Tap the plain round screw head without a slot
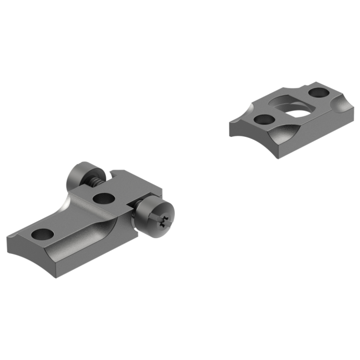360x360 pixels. tap(80, 174)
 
